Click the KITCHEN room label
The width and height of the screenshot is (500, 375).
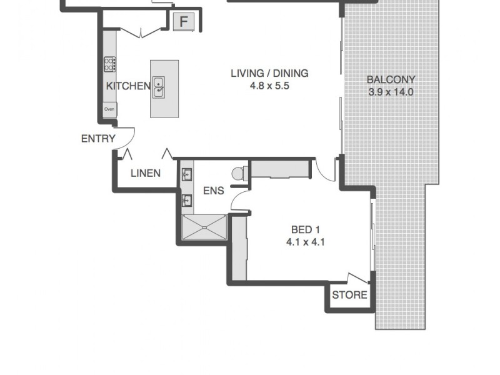click(127, 86)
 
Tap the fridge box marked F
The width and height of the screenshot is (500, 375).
click(183, 22)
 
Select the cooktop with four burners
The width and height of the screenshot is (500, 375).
click(110, 63)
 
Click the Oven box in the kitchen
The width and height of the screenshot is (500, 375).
click(109, 109)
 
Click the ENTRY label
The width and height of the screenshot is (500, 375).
click(98, 139)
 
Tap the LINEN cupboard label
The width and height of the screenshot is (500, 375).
click(145, 173)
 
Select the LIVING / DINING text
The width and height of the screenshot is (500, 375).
click(269, 73)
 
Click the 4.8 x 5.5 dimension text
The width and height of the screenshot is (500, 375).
click(269, 86)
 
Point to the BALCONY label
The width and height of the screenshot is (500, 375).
click(391, 79)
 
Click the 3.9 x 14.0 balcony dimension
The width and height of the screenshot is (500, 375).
click(391, 92)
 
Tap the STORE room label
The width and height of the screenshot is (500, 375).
click(349, 295)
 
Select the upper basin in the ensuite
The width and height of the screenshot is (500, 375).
click(187, 174)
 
